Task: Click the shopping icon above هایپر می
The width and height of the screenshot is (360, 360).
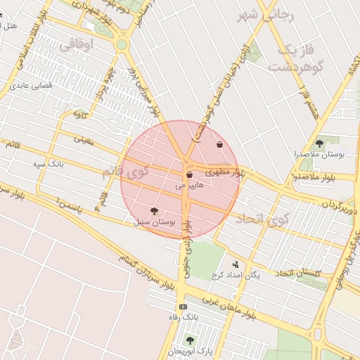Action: (189, 174)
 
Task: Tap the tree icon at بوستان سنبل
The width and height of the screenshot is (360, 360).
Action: (154, 210)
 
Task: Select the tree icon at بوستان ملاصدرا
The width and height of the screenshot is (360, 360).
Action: (320, 143)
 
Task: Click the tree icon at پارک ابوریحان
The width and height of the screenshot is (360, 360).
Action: (189, 340)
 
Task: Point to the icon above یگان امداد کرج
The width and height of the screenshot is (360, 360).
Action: (235, 264)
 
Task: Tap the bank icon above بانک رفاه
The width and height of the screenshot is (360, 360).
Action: (184, 307)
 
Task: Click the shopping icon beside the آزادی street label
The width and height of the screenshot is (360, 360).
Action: (220, 144)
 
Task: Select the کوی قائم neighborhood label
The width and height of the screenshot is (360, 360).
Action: (127, 170)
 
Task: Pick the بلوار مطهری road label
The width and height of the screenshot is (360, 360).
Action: (222, 172)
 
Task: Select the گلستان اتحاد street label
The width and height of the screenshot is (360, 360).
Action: (300, 273)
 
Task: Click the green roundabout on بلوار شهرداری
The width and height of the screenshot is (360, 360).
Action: (122, 45)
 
